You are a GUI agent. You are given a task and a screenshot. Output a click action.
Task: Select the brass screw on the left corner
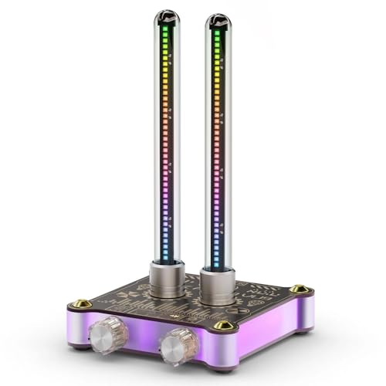point(76,304)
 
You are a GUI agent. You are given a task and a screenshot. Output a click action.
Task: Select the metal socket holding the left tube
point(167,279)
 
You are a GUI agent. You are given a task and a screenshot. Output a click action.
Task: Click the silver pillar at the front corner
point(225,352)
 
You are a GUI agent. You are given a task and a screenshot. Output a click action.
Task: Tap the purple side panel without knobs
point(266,329)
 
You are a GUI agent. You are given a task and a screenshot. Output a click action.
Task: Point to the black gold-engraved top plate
point(255,297)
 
